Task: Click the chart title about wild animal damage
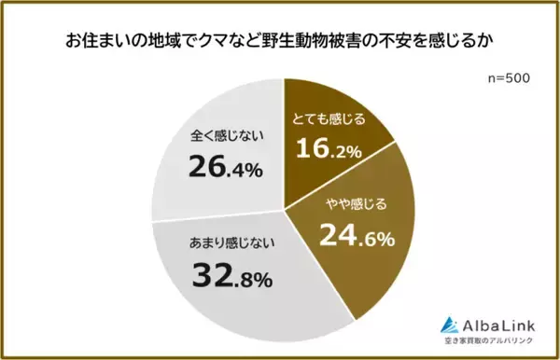pos(279,42)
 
